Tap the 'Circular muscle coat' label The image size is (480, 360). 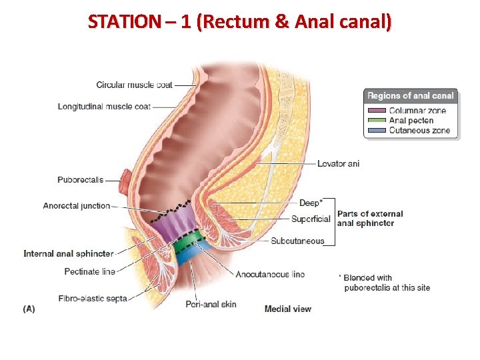(x=134, y=85)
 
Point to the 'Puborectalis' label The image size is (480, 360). (x=80, y=179)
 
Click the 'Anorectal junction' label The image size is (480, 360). (x=77, y=205)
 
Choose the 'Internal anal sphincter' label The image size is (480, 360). (x=68, y=253)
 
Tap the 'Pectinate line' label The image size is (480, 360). (x=89, y=271)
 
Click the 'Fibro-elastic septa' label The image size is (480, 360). (x=92, y=298)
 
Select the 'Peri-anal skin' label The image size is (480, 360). (x=211, y=305)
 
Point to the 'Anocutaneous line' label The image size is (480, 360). (x=270, y=274)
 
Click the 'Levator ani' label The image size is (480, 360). (x=338, y=163)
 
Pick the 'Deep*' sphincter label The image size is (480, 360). (x=311, y=203)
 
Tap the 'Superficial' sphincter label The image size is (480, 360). (x=311, y=219)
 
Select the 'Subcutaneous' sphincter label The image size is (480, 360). (x=297, y=241)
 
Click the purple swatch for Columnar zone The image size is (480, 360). (x=377, y=110)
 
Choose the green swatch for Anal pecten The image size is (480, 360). (x=377, y=121)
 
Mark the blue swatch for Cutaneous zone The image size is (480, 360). (x=377, y=131)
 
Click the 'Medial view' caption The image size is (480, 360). (x=287, y=309)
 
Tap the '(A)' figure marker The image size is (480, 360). (x=29, y=309)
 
